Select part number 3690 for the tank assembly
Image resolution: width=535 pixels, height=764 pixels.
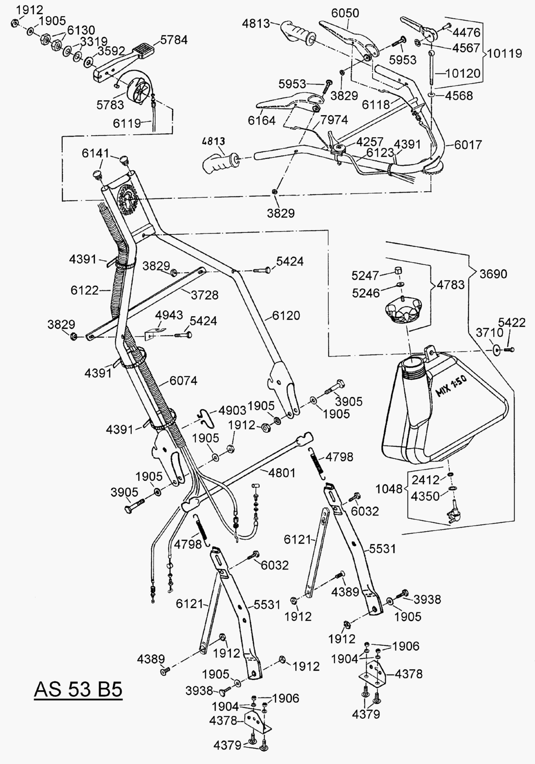coord(493,274)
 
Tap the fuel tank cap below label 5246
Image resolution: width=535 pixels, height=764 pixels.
coord(402,311)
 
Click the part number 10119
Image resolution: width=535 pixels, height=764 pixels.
coord(504,53)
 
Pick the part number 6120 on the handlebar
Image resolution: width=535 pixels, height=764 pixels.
coord(286,316)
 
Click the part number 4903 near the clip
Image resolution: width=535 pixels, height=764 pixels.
coord(232,409)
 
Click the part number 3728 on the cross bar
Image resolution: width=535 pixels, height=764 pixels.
coord(204,294)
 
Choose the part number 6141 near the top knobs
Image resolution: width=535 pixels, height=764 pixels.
coord(95,153)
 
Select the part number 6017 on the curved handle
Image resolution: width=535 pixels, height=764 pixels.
coord(468,144)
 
